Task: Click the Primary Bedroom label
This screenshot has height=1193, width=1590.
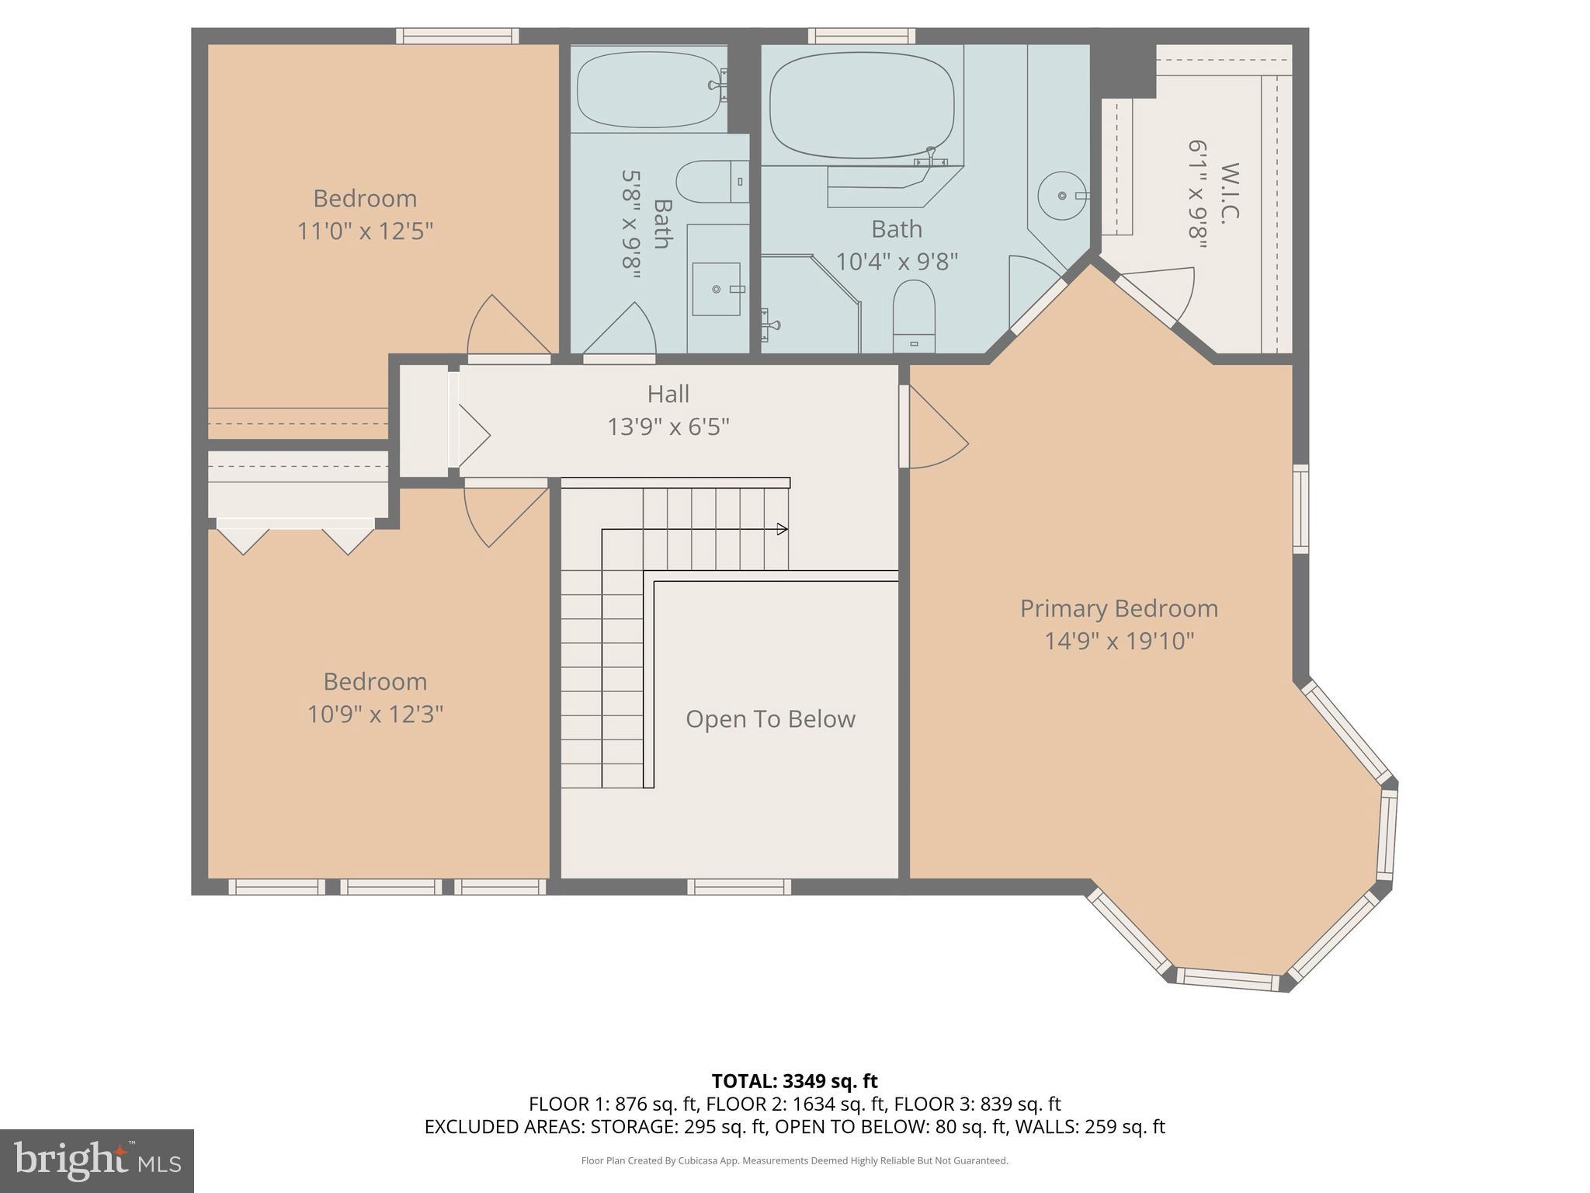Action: click(1118, 608)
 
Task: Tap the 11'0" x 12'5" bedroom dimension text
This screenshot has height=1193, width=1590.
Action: click(365, 231)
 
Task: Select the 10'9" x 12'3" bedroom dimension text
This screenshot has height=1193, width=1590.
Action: click(375, 714)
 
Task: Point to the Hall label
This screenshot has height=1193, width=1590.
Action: click(668, 395)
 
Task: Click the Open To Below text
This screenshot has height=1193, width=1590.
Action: click(770, 719)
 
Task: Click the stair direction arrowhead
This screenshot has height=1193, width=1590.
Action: click(782, 529)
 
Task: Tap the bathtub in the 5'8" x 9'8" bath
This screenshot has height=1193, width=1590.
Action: click(649, 88)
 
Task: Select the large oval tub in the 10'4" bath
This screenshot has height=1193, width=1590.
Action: click(861, 105)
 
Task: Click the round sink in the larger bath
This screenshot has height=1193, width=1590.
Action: click(1061, 196)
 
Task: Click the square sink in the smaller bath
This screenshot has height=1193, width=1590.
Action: click(716, 289)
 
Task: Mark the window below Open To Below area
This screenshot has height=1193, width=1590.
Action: click(738, 886)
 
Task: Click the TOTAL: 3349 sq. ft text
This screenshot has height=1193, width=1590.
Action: click(794, 1081)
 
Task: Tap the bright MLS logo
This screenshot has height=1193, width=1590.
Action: click(96, 1160)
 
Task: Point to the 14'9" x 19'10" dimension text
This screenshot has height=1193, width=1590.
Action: click(1118, 642)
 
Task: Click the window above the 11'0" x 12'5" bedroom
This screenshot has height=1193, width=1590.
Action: click(457, 36)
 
